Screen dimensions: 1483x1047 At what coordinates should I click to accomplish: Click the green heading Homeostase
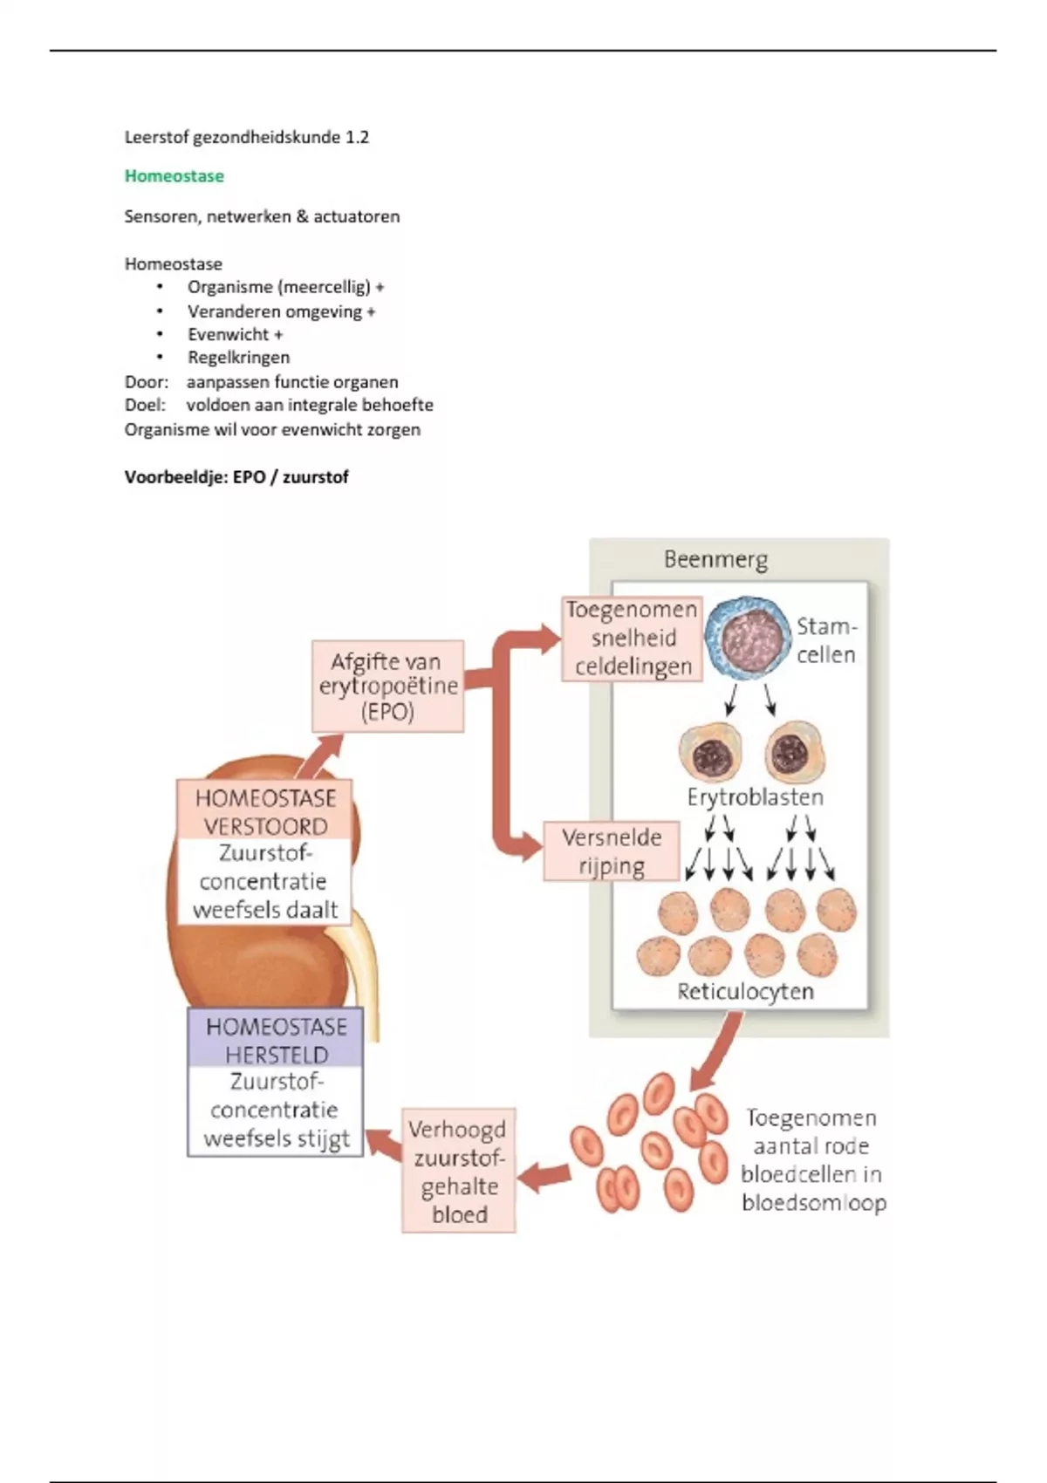point(174,176)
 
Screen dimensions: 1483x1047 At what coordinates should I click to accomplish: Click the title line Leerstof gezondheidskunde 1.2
point(246,137)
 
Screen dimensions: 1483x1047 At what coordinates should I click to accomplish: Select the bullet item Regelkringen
point(238,358)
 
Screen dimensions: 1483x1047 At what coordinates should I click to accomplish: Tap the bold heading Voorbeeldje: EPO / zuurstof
point(236,477)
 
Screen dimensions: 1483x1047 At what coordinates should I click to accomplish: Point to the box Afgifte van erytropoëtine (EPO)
point(387,687)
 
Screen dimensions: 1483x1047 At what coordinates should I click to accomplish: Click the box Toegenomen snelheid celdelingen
point(632,639)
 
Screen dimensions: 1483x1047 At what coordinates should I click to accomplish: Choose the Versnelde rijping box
point(611,851)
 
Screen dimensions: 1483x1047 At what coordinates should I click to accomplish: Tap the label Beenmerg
point(715,559)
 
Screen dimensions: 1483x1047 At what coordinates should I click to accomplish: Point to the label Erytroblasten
point(755,797)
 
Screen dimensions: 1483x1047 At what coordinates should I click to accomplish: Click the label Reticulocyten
point(745,992)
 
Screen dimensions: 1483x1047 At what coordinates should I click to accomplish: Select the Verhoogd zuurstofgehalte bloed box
point(459,1171)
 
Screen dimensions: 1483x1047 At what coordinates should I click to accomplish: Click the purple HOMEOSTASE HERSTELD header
point(276,1040)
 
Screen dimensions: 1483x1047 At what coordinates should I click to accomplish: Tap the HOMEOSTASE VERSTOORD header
point(265,811)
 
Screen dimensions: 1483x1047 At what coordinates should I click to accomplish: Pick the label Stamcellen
point(826,640)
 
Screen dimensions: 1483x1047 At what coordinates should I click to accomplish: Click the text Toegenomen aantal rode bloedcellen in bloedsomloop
point(812,1160)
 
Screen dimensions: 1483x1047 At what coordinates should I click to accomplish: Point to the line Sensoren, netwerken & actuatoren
point(262,216)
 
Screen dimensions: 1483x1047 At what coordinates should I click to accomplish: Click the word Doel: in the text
point(145,405)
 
